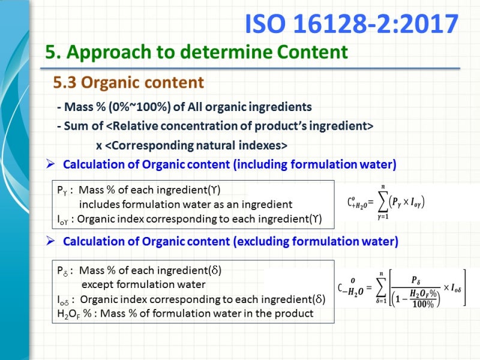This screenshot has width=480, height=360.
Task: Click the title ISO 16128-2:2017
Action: (x=352, y=24)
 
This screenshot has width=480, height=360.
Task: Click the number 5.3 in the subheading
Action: (x=65, y=82)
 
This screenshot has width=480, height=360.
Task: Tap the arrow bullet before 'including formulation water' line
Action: (x=51, y=164)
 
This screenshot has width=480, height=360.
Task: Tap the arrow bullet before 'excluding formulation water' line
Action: (x=51, y=242)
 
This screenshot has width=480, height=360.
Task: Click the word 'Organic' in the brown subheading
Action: (x=118, y=82)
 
